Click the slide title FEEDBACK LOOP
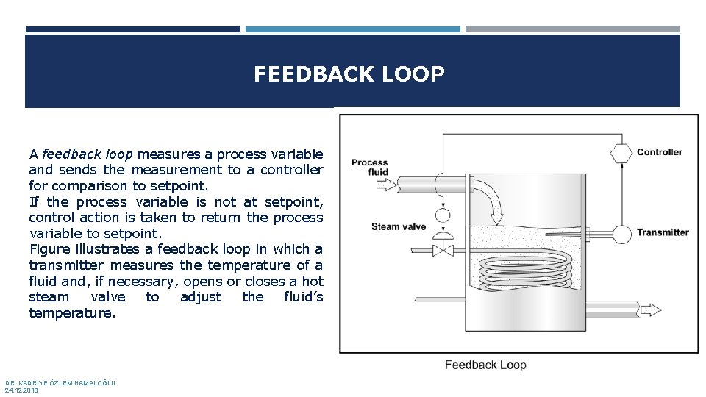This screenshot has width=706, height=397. (349, 74)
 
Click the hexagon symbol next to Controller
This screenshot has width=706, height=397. (621, 153)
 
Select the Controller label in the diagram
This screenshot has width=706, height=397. (659, 153)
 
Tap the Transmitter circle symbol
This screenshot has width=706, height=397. (621, 233)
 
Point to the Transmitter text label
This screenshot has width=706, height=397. (662, 233)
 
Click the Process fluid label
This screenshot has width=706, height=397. (369, 168)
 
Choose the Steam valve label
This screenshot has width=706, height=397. (399, 226)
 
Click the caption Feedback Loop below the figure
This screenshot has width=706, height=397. (485, 365)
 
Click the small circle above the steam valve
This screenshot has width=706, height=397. (443, 216)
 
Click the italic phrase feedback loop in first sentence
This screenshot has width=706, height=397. (88, 154)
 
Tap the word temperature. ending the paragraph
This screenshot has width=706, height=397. (72, 313)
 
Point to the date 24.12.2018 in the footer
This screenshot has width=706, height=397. (21, 390)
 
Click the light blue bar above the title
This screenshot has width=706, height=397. (352, 30)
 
